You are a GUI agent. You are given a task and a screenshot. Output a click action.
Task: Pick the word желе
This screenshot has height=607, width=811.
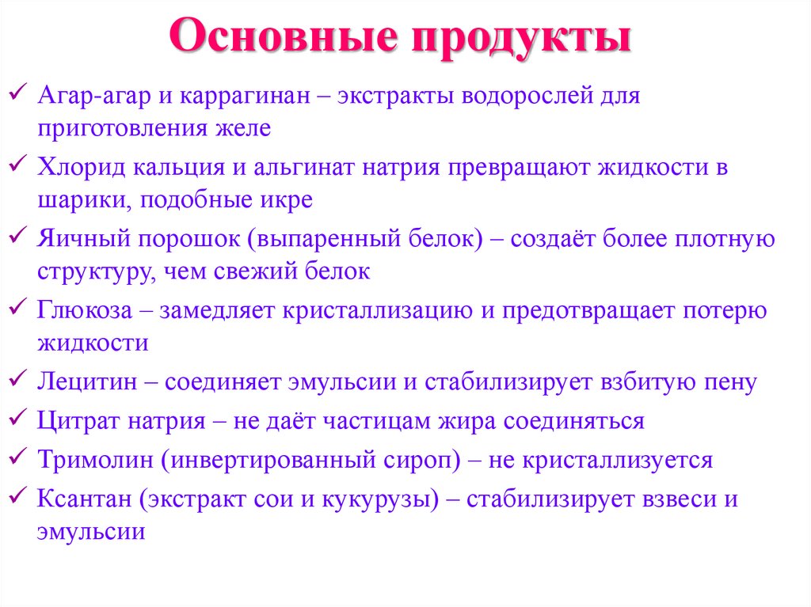pos(247,128)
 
